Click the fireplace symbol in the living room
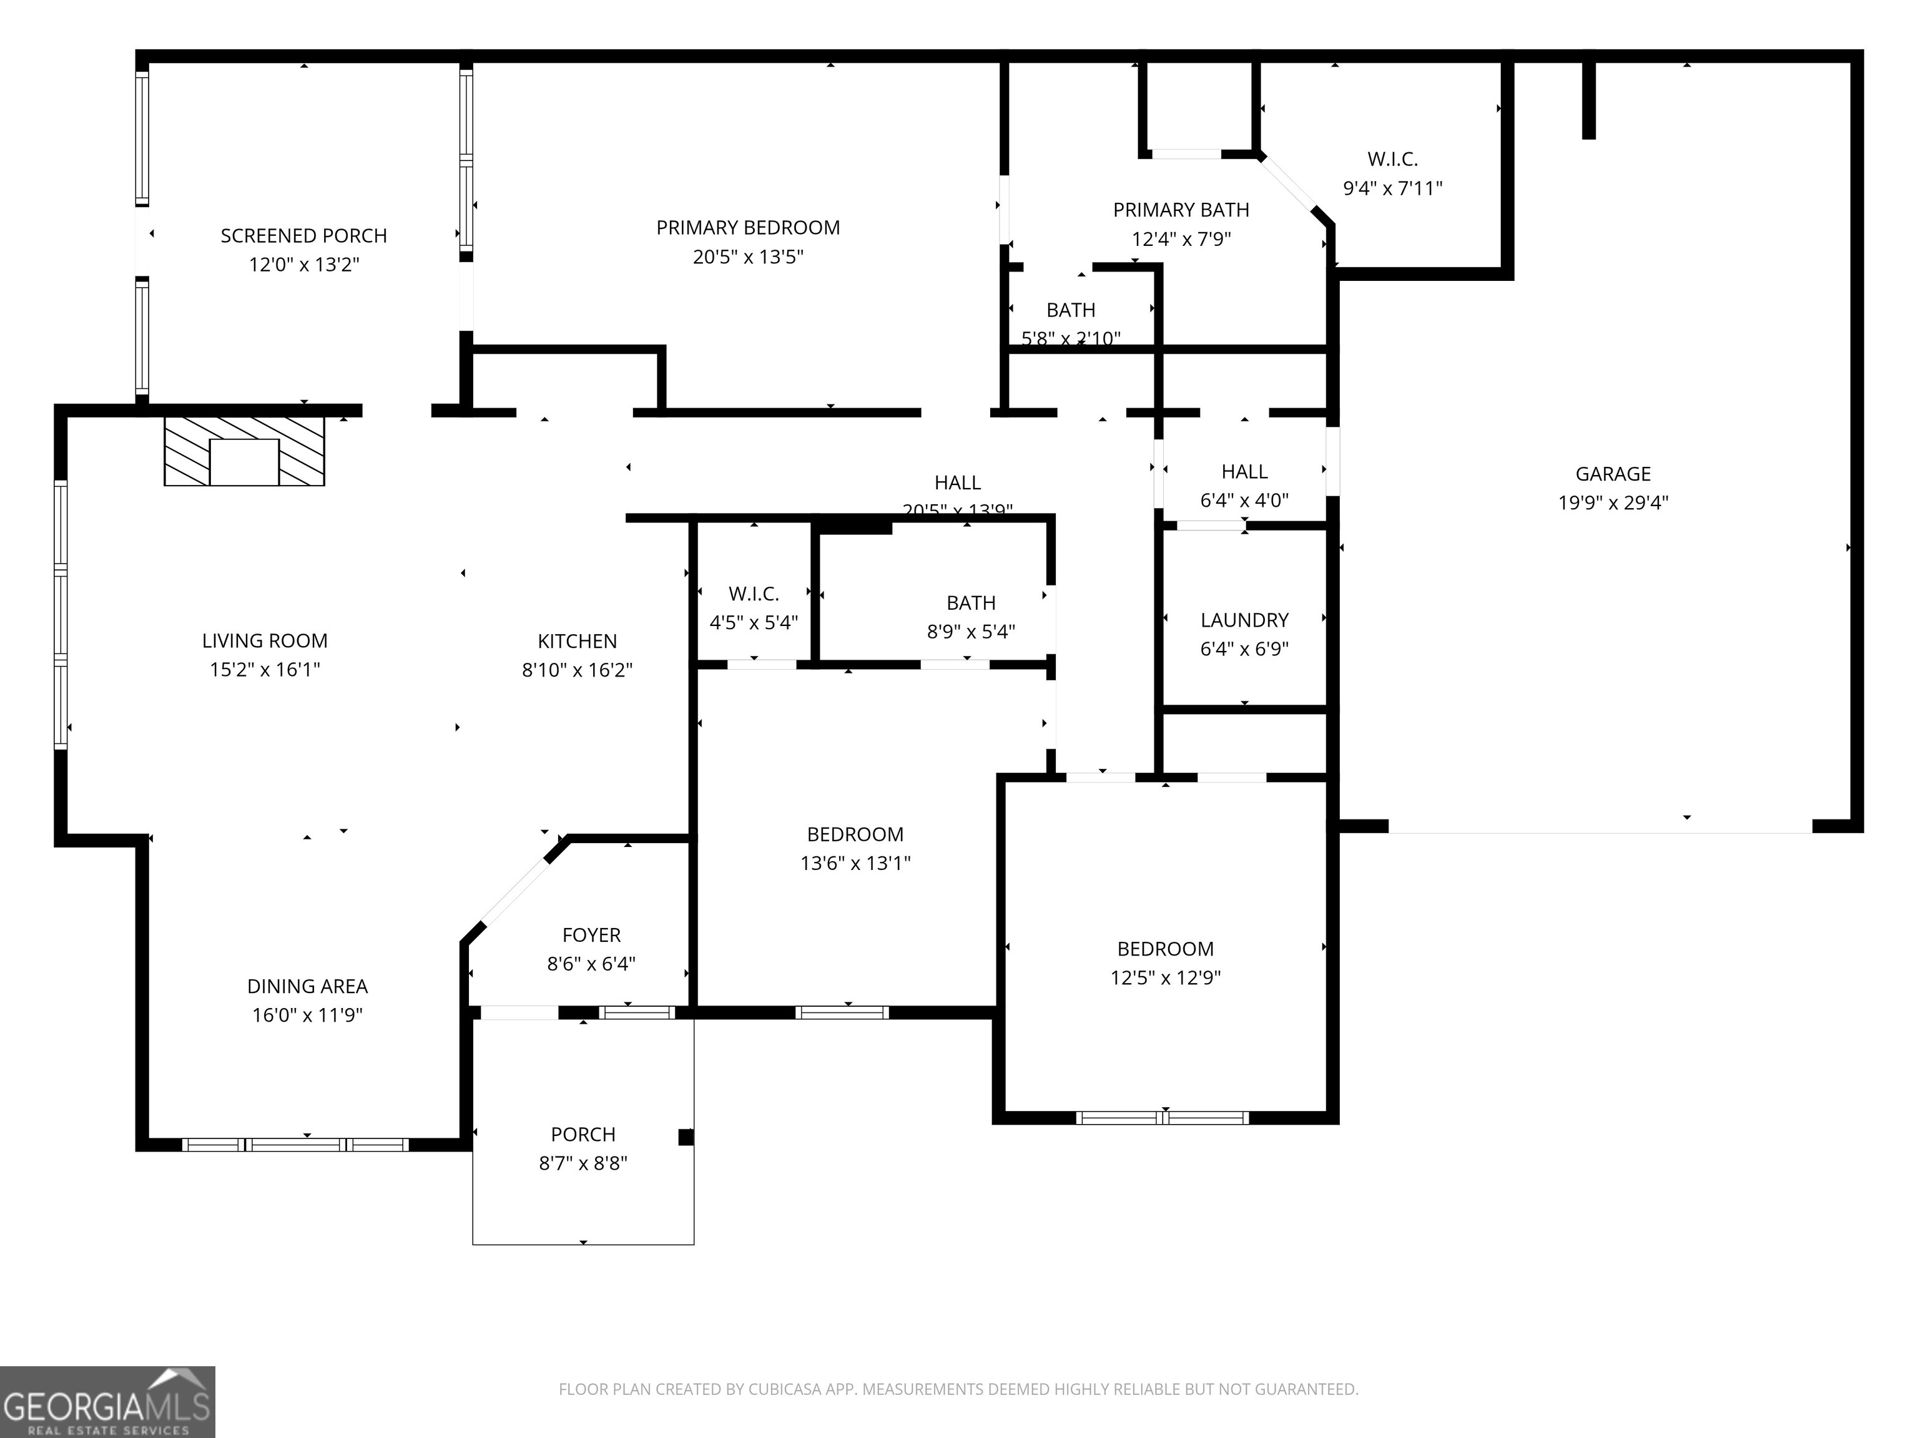click(245, 452)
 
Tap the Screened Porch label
click(303, 236)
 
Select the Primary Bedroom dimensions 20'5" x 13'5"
click(747, 257)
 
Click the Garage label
click(1613, 474)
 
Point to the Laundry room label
click(1244, 620)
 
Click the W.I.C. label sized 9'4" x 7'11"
click(1392, 160)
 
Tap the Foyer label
click(591, 936)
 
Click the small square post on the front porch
click(686, 1137)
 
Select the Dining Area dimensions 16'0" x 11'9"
click(307, 1015)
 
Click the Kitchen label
click(578, 642)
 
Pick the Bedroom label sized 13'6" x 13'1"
click(855, 834)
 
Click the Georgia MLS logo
click(107, 1402)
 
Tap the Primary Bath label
click(1181, 210)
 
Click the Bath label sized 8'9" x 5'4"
click(970, 604)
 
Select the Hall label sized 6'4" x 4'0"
click(1244, 472)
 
